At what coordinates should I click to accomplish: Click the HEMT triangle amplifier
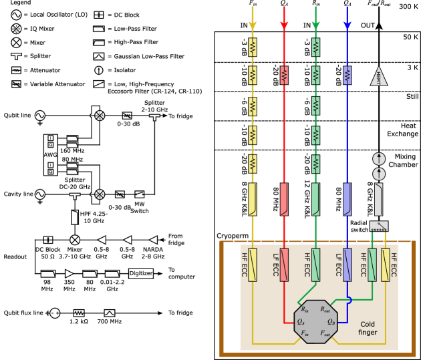pyautogui.click(x=379, y=77)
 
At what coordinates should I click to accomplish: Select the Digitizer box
pyautogui.click(x=141, y=273)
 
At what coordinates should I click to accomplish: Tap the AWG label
pyautogui.click(x=50, y=154)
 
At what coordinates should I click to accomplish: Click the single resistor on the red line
pyautogui.click(x=284, y=75)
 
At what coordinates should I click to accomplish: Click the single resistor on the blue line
pyautogui.click(x=347, y=75)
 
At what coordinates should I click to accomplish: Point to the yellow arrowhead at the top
pyautogui.click(x=253, y=25)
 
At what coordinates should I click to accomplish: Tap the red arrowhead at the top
pyautogui.click(x=284, y=25)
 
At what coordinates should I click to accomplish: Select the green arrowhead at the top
pyautogui.click(x=315, y=25)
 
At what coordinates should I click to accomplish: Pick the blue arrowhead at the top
pyautogui.click(x=347, y=25)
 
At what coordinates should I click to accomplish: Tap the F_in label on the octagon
pyautogui.click(x=305, y=332)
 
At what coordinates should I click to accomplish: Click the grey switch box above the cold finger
pyautogui.click(x=379, y=226)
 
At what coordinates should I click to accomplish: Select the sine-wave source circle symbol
pyautogui.click(x=39, y=195)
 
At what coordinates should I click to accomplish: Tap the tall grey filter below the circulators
pyautogui.click(x=379, y=199)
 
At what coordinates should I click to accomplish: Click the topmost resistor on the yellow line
pyautogui.click(x=253, y=47)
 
